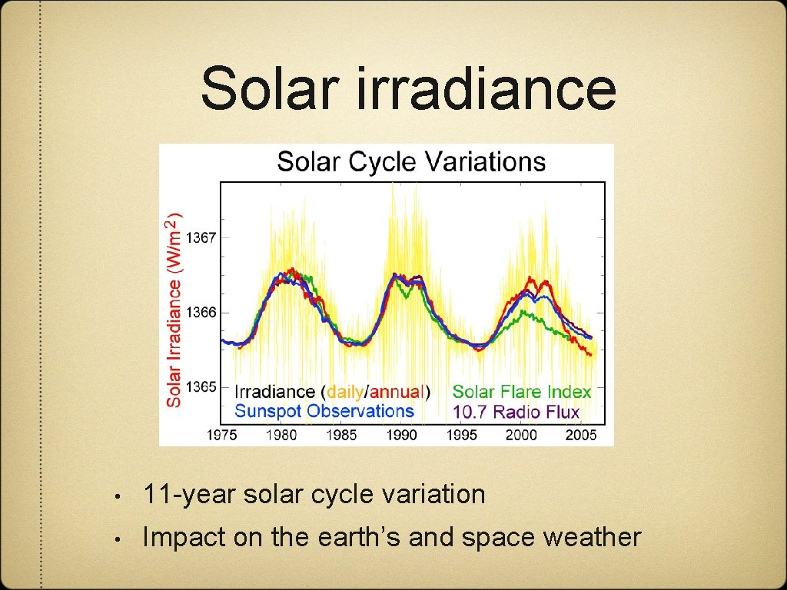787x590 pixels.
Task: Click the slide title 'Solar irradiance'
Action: [408, 88]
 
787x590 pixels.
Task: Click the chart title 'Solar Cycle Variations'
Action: [410, 162]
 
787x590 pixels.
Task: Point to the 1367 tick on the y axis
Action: [203, 238]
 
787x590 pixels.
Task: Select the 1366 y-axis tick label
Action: [203, 313]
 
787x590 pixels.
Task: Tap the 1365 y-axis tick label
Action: [203, 387]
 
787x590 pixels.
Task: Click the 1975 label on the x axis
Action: [222, 435]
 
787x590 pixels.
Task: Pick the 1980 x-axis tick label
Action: [281, 435]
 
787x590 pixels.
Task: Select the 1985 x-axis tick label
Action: [341, 435]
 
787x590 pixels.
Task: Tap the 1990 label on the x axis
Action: [401, 435]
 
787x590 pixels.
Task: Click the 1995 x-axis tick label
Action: [461, 435]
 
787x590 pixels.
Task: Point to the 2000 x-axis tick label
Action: [521, 435]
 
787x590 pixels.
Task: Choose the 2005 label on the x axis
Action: [580, 435]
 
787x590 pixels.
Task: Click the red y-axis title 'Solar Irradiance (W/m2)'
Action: [175, 309]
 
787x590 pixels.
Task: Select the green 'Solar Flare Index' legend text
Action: [522, 392]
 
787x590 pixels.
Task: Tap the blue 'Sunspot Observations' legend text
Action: [324, 411]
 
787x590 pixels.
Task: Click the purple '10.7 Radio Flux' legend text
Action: [516, 412]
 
